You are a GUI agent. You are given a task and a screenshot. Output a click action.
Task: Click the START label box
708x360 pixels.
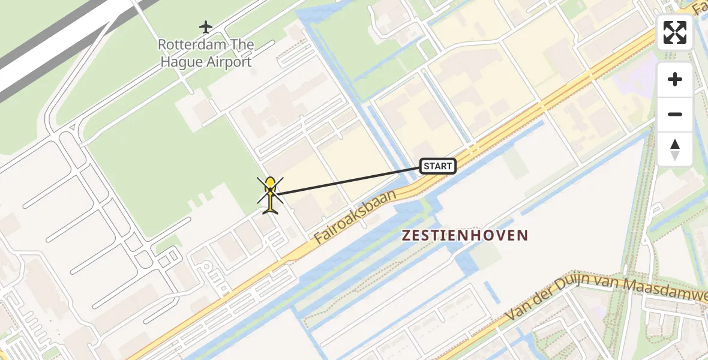(438, 166)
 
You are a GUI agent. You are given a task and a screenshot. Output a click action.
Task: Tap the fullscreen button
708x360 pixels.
(675, 32)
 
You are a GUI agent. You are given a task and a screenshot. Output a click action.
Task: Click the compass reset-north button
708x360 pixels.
(675, 149)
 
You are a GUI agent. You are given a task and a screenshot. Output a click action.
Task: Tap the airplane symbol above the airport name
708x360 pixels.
(206, 27)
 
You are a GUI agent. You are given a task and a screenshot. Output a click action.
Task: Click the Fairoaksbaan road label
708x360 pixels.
(355, 217)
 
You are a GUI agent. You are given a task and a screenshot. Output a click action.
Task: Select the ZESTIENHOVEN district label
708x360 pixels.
(465, 235)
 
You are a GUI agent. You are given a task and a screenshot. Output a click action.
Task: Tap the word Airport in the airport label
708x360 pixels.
(229, 62)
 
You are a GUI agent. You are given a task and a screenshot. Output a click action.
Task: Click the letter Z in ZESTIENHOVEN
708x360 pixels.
(406, 235)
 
